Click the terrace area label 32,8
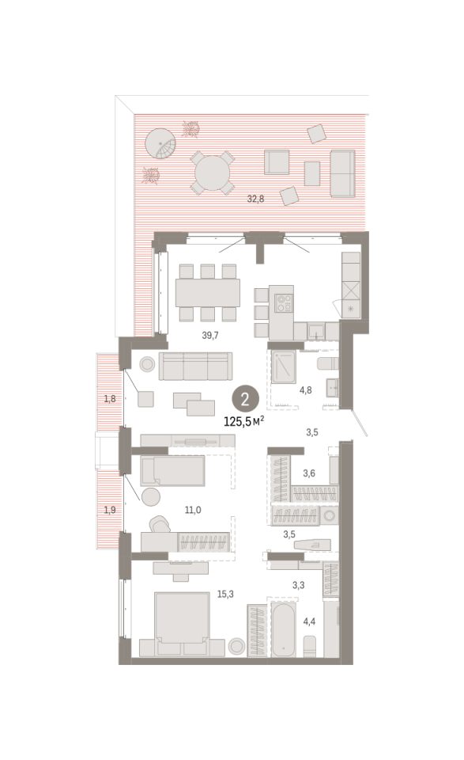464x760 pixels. tap(255, 199)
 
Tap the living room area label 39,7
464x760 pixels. tap(210, 335)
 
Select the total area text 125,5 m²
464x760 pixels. tap(243, 421)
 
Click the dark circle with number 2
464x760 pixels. tap(245, 399)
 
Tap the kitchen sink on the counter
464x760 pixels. tap(317, 332)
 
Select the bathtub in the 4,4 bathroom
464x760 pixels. tap(283, 629)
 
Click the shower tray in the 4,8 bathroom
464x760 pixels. tap(283, 367)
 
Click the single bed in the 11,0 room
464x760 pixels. tap(173, 470)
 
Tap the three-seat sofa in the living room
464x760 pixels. tap(195, 366)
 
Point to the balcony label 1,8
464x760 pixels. tap(110, 399)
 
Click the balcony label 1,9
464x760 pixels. tap(110, 510)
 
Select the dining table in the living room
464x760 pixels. tap(208, 292)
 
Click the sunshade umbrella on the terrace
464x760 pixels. tap(161, 143)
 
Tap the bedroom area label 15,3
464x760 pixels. tap(225, 594)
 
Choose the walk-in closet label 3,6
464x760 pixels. tap(309, 473)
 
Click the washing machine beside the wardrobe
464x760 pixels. tap(330, 515)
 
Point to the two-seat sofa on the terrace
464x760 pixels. tap(342, 173)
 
